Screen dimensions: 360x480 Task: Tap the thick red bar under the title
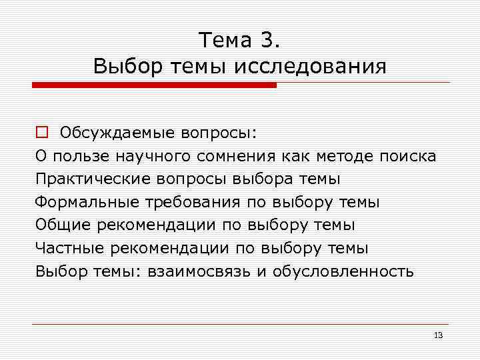154,85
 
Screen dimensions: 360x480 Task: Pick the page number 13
438,335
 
